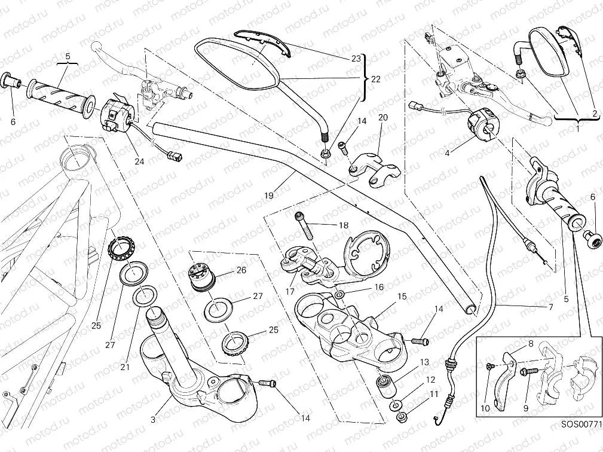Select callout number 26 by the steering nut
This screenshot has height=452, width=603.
pyautogui.click(x=241, y=270)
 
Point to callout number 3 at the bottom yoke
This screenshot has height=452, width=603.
pyautogui.click(x=153, y=420)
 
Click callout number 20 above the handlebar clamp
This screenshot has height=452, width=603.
pyautogui.click(x=382, y=118)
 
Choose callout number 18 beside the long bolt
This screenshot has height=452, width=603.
pyautogui.click(x=343, y=226)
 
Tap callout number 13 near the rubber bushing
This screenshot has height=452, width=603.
pyautogui.click(x=424, y=362)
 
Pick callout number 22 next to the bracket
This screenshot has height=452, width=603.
pyautogui.click(x=375, y=79)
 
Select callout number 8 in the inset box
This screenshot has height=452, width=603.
pyautogui.click(x=529, y=344)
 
